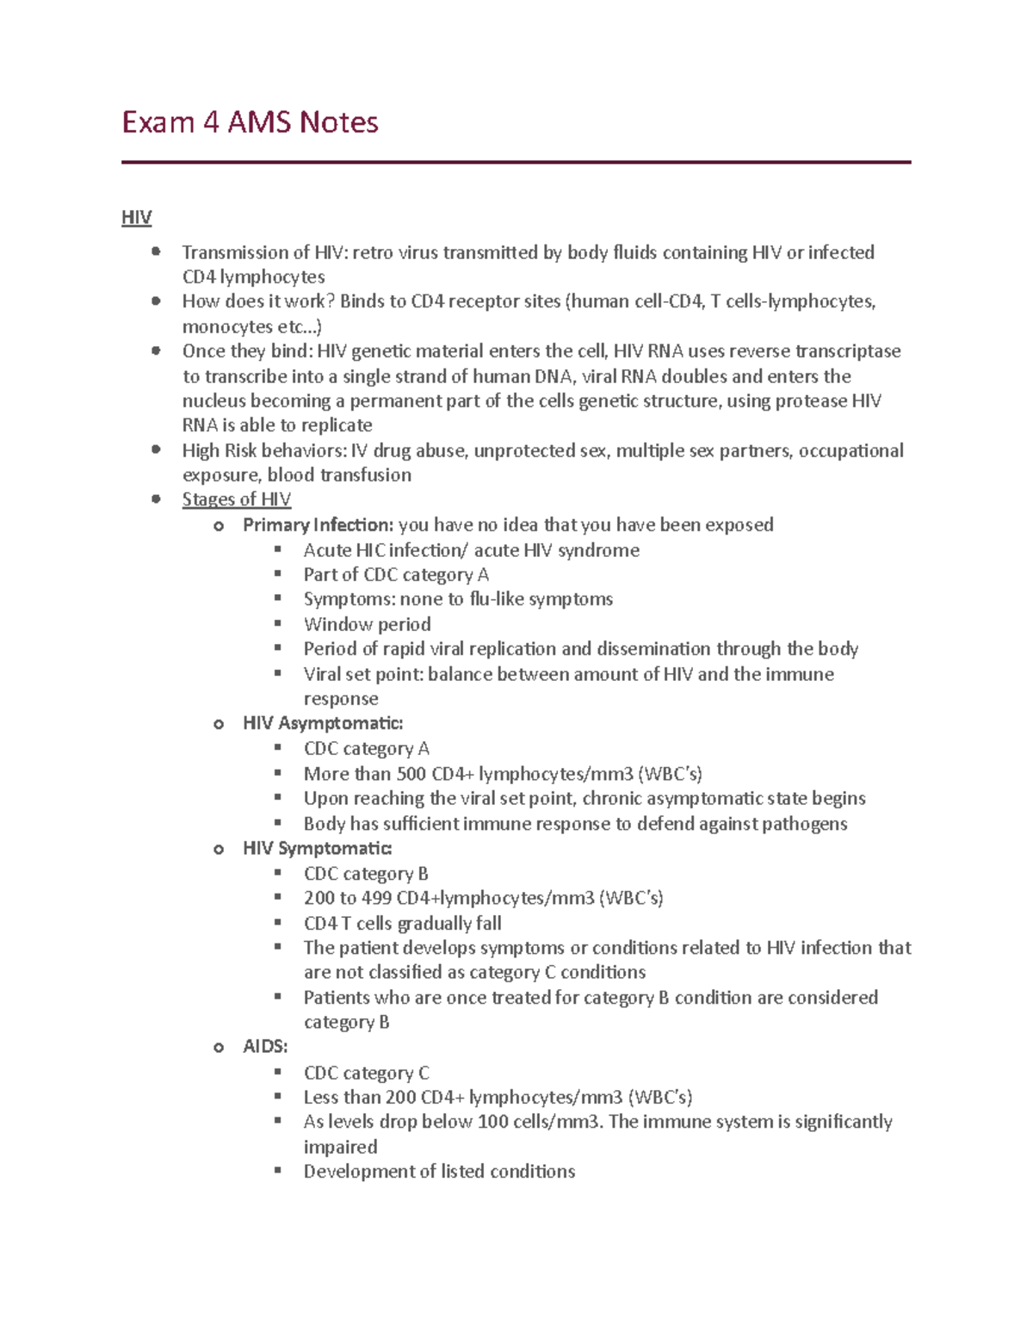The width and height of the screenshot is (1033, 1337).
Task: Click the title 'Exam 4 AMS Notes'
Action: click(x=250, y=122)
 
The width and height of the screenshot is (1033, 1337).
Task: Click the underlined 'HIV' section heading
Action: click(x=136, y=218)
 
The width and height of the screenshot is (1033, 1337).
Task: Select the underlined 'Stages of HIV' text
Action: click(x=236, y=499)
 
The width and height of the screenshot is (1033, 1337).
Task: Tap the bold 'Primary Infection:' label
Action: click(x=318, y=525)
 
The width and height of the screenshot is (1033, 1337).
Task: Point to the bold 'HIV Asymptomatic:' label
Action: click(x=323, y=723)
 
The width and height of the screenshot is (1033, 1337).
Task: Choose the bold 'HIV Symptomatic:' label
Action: click(x=317, y=849)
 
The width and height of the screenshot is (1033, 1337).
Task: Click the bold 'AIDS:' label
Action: click(x=265, y=1047)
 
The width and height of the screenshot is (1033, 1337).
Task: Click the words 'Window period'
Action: click(x=367, y=624)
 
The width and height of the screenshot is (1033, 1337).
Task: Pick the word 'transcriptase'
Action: click(x=847, y=351)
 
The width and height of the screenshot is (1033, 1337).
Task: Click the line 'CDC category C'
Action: click(x=366, y=1073)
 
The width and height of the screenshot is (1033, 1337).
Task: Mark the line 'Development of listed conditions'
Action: click(x=439, y=1172)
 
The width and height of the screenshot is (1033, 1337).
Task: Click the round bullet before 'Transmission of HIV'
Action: click(x=156, y=252)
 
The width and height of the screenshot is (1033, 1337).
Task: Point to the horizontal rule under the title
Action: click(x=516, y=162)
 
